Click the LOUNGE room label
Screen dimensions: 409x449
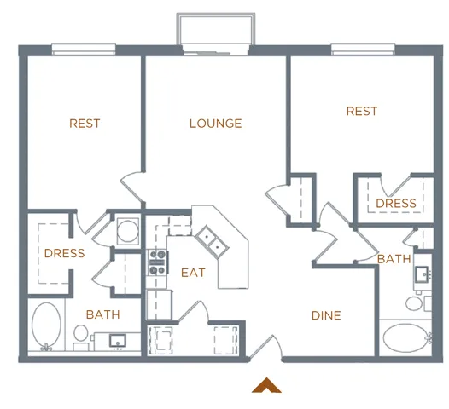[x=215, y=124]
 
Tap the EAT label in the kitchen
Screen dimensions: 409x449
[x=193, y=273]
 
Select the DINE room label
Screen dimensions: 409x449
[x=326, y=315]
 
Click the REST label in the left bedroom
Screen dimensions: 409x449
[x=85, y=124]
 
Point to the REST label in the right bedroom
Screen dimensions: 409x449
[x=362, y=112]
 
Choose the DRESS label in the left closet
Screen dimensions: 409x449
[x=64, y=253]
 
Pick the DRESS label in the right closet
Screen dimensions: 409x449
[x=396, y=204]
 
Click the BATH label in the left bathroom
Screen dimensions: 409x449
[x=102, y=314]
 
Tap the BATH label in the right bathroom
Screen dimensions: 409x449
[x=394, y=259]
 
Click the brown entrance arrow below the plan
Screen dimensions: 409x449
[x=266, y=385]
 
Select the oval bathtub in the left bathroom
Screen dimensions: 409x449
[x=47, y=327]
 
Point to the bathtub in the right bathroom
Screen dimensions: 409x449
[x=405, y=337]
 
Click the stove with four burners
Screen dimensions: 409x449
[x=158, y=262]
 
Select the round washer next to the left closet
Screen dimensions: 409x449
[x=127, y=231]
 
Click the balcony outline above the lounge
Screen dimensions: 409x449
[x=215, y=28]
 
